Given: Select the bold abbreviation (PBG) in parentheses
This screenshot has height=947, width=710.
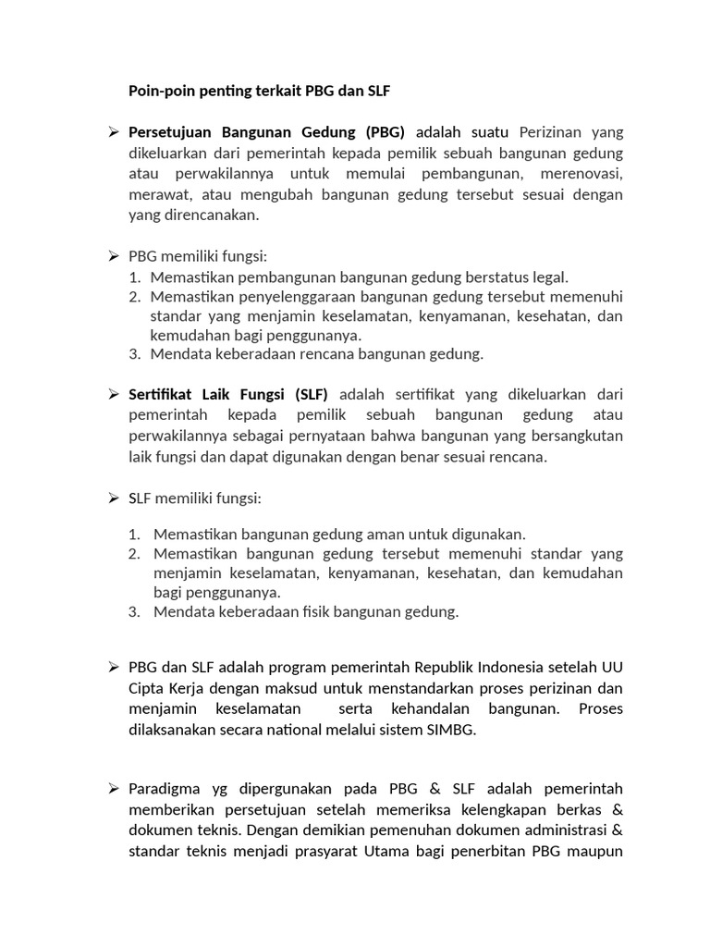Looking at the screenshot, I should click(x=386, y=131).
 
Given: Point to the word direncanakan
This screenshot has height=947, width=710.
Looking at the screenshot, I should click(x=212, y=215).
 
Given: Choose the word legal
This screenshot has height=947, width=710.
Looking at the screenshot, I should click(x=548, y=277).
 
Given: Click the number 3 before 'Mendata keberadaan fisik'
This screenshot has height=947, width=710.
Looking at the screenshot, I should click(x=134, y=611).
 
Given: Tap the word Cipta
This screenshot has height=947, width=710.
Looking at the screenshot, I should click(x=146, y=689).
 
